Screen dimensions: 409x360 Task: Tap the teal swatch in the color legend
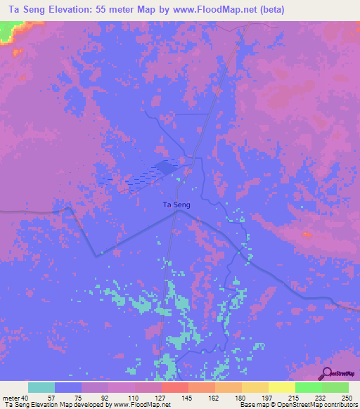41,387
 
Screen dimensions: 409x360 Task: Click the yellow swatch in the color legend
281,387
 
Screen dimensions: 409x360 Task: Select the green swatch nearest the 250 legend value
335,387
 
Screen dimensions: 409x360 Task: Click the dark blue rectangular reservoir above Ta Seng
167,167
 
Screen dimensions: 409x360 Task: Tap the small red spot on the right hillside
305,234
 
